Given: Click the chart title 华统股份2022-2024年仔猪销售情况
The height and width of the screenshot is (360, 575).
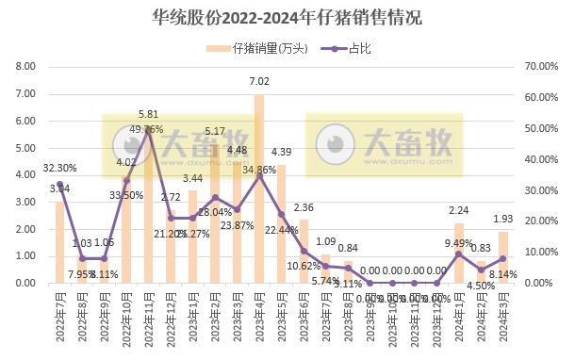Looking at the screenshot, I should tap(287, 17).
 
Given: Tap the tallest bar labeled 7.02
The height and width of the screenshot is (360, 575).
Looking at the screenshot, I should tap(259, 188).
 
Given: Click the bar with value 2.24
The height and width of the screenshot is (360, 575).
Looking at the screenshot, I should tap(459, 254).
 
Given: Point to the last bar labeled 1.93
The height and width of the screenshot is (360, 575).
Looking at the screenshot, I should tap(503, 257).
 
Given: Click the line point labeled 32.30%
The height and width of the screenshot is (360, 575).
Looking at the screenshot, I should tap(59, 184).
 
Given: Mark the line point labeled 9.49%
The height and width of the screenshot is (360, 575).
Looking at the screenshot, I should tap(459, 254).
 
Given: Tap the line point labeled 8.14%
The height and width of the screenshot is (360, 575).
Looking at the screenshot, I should tap(503, 258).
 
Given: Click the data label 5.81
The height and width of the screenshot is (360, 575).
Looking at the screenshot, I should tap(148, 114).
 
